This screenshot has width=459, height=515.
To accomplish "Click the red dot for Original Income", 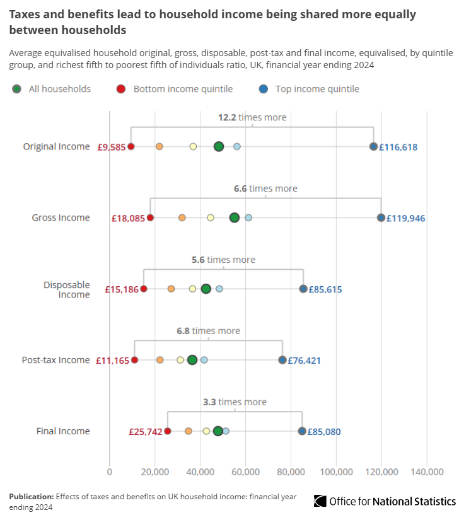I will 131,146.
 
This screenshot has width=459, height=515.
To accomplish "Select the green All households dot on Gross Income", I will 235,217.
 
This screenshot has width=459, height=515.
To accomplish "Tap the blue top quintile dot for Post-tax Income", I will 282,360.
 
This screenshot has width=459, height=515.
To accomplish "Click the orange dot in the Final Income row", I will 189,431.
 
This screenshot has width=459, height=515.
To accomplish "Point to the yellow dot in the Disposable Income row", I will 193,289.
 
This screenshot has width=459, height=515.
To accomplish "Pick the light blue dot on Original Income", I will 237,146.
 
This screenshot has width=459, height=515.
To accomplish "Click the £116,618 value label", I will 398,147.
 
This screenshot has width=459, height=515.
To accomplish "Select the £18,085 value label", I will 129,218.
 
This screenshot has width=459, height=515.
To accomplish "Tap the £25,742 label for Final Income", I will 146,432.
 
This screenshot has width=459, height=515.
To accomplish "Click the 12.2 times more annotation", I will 252,117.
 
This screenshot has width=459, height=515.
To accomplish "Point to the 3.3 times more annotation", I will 235,402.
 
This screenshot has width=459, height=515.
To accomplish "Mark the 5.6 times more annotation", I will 223,260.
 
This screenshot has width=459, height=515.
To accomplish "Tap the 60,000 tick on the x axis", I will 245,472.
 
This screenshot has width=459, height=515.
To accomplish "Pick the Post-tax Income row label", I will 56,360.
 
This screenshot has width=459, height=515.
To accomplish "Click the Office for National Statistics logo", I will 385,501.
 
